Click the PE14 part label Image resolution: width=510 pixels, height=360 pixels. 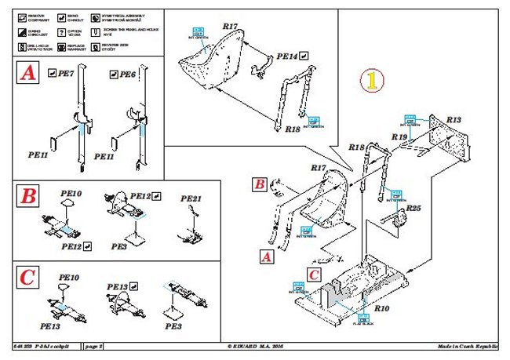(x=287, y=56)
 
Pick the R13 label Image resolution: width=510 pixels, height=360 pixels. (x=454, y=119)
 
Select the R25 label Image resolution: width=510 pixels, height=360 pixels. (x=413, y=208)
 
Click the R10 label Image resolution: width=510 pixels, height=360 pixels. (x=381, y=309)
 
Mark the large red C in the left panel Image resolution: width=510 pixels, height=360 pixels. (x=27, y=277)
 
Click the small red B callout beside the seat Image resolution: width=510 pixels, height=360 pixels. (x=260, y=185)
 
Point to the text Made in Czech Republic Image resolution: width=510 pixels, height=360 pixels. (x=468, y=346)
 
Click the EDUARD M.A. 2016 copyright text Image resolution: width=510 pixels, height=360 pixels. (x=256, y=346)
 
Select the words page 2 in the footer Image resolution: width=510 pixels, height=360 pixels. (x=94, y=346)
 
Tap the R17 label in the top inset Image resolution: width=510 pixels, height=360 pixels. (x=229, y=27)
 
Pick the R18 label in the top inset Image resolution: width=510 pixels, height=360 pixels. (x=292, y=128)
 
